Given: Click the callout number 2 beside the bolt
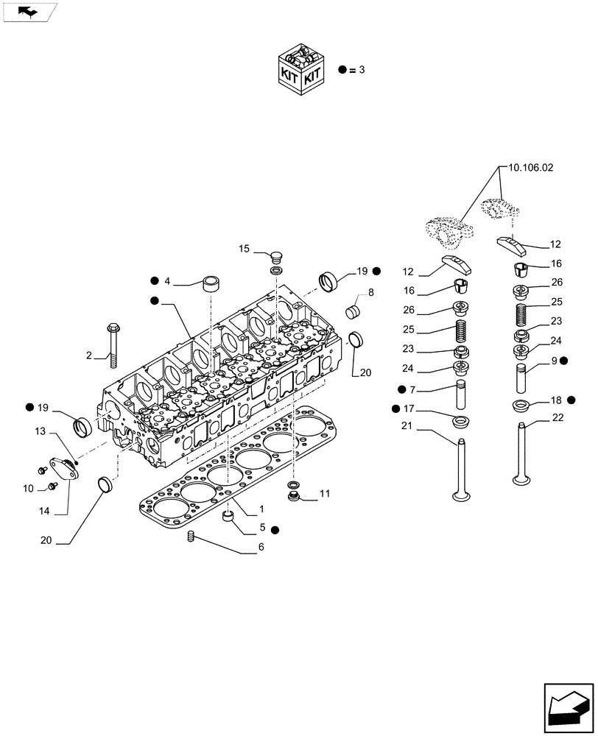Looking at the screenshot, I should click(x=89, y=356).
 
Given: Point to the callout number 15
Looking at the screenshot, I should click(x=245, y=250).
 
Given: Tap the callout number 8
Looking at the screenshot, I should click(x=370, y=292).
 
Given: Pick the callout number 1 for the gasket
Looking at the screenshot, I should click(x=261, y=509).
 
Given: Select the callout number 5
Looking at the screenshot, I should click(x=261, y=528).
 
